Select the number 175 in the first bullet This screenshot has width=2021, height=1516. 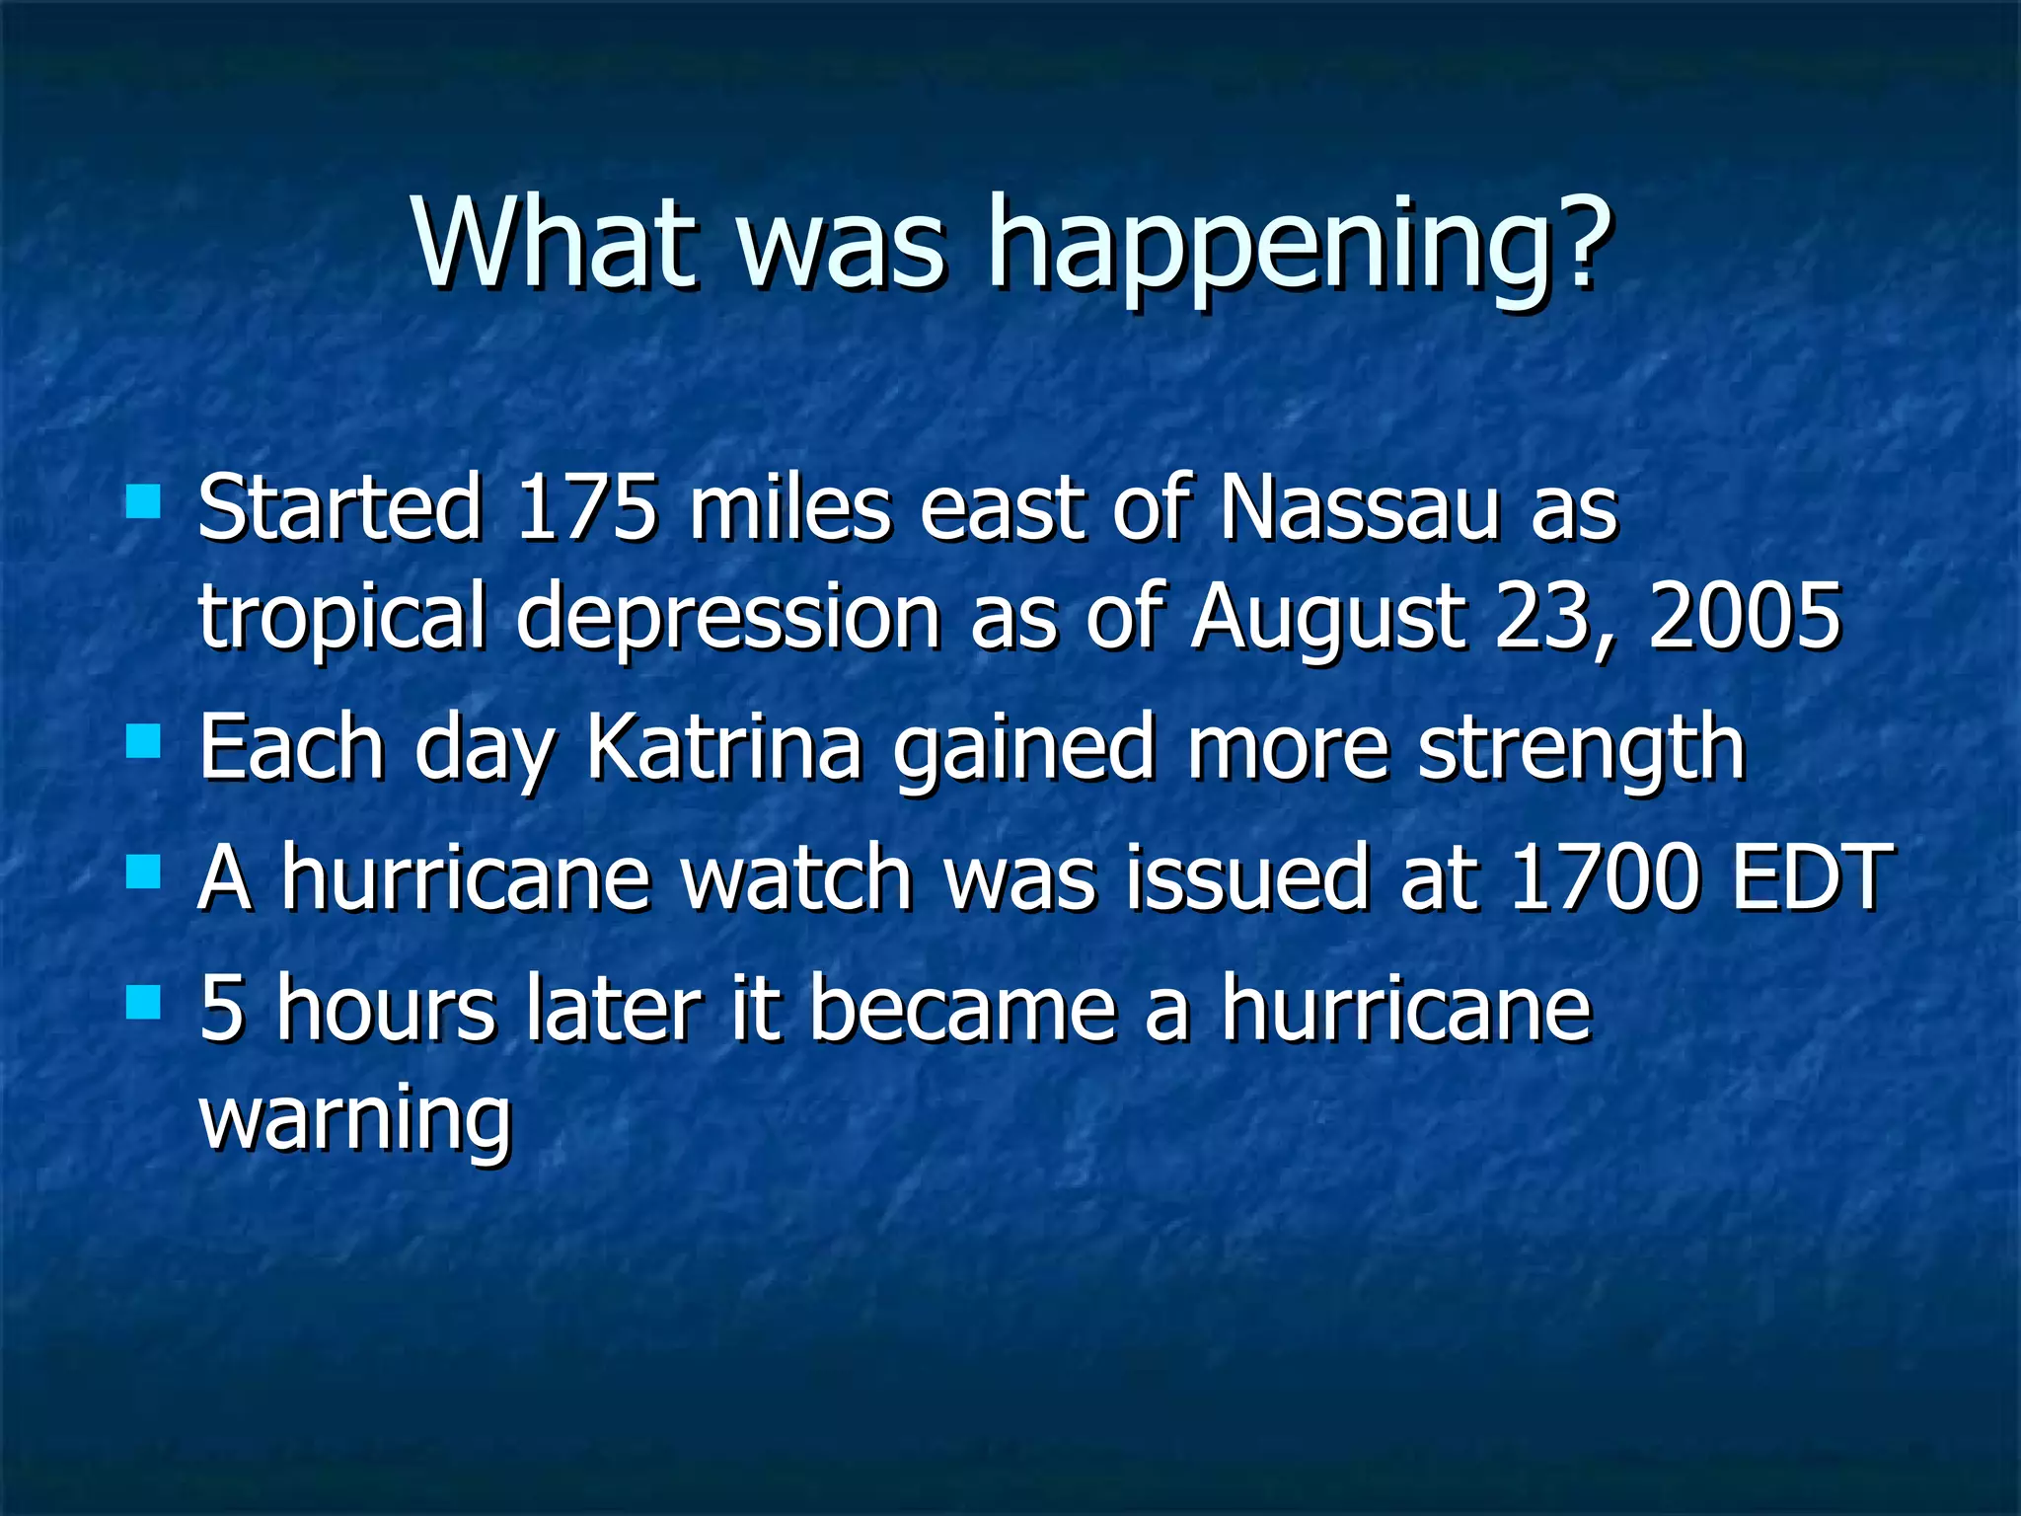pyautogui.click(x=586, y=507)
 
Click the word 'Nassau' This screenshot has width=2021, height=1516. pyautogui.click(x=1359, y=507)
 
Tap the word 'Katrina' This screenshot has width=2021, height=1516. pyautogui.click(x=724, y=748)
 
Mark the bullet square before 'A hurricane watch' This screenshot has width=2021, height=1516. pyautogui.click(x=144, y=872)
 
